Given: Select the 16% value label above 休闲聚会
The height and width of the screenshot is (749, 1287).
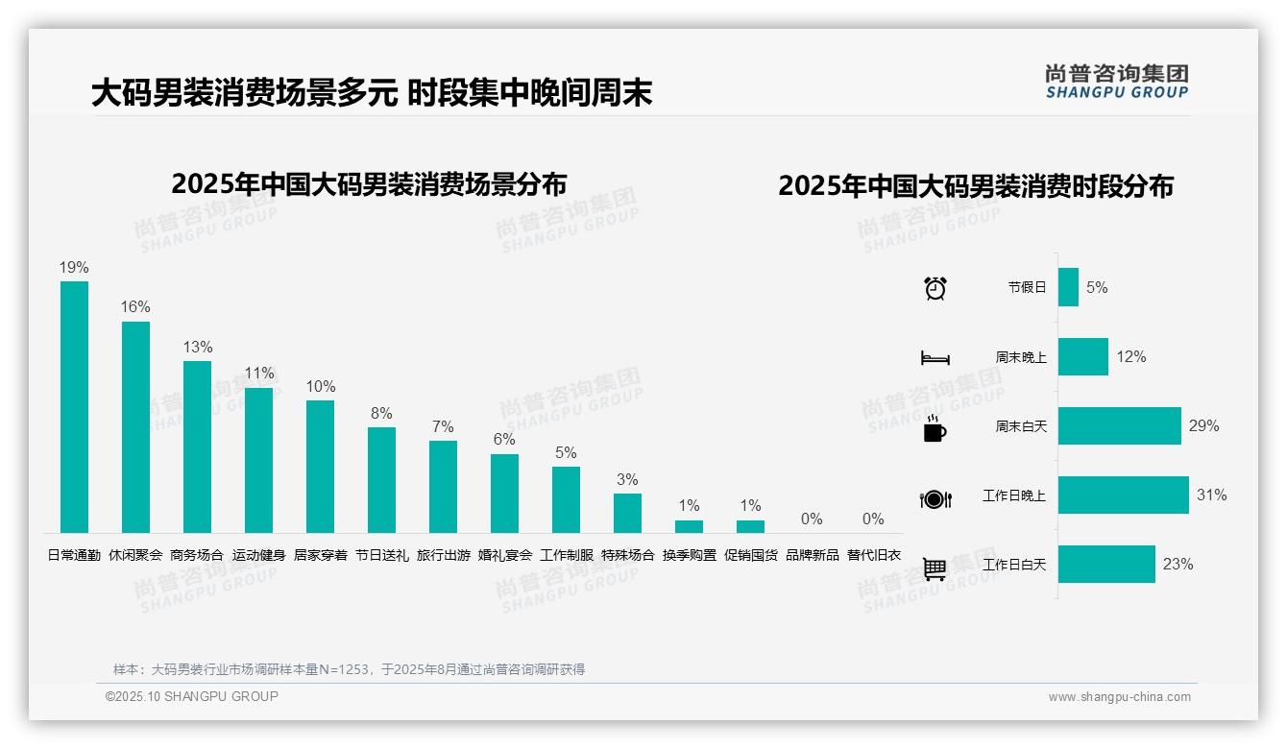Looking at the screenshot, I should pyautogui.click(x=135, y=307).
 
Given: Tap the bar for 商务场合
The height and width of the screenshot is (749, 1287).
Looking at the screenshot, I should pyautogui.click(x=197, y=447).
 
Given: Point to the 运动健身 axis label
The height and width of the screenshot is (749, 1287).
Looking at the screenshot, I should pyautogui.click(x=258, y=555).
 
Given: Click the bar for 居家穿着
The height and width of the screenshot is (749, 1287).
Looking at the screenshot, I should pyautogui.click(x=320, y=466).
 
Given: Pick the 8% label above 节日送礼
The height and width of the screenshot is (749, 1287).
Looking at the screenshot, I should pyautogui.click(x=381, y=414).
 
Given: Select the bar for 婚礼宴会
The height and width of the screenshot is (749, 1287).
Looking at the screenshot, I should pyautogui.click(x=504, y=494).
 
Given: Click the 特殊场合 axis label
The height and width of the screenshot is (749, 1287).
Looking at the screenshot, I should pyautogui.click(x=627, y=555).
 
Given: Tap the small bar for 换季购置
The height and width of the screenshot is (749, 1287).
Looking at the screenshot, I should pyautogui.click(x=689, y=526).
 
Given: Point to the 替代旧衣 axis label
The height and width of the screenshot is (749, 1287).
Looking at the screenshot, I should pyautogui.click(x=873, y=555).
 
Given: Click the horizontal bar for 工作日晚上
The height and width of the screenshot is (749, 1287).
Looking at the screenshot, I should pyautogui.click(x=1123, y=495).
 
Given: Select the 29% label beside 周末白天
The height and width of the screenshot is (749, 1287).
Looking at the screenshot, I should pyautogui.click(x=1203, y=425).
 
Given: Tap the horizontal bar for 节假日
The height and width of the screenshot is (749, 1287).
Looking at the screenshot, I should pyautogui.click(x=1068, y=287).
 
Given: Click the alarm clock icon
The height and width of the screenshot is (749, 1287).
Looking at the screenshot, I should pyautogui.click(x=935, y=288).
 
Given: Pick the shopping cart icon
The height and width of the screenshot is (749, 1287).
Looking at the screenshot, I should pyautogui.click(x=935, y=568).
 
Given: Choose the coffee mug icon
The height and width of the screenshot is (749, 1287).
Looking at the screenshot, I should pyautogui.click(x=935, y=429).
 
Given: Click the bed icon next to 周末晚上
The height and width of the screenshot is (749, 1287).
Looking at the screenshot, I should pyautogui.click(x=935, y=358).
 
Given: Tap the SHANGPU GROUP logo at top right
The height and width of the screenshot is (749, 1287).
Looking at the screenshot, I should pyautogui.click(x=1116, y=81).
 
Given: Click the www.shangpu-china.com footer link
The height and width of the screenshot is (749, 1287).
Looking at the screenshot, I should pyautogui.click(x=1119, y=697).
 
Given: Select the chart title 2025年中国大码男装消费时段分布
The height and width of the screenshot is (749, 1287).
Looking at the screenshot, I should pyautogui.click(x=976, y=186).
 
